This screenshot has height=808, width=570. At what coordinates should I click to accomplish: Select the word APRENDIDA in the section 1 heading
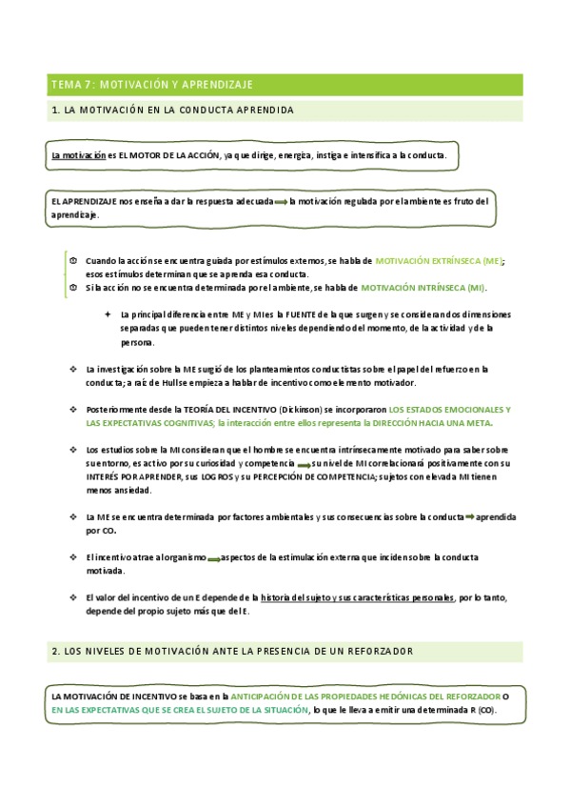[263, 111]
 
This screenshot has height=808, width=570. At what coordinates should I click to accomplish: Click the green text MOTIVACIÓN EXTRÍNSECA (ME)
[439, 260]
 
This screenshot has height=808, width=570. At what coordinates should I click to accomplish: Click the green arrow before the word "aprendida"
[470, 516]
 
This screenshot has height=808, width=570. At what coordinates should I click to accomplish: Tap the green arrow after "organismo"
[217, 557]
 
